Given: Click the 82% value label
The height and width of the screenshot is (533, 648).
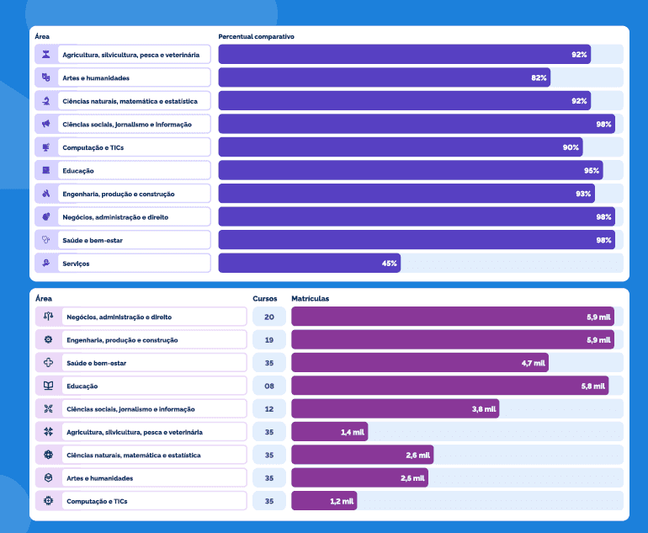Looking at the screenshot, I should (539, 77).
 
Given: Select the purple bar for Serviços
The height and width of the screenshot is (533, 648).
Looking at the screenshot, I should (309, 264).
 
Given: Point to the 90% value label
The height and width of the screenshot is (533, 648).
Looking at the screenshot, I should (571, 147).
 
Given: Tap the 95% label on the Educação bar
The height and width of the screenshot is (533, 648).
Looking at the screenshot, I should (592, 171).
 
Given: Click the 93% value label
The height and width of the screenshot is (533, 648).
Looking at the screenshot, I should (583, 194).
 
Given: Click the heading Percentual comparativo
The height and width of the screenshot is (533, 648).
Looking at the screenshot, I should (256, 37).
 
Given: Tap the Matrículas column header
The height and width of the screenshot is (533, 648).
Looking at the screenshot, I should (310, 299).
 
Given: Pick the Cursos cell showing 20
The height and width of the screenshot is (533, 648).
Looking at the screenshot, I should (269, 317).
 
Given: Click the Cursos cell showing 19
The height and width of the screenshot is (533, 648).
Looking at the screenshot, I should (269, 340).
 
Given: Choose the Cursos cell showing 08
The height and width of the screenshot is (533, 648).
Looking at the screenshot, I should (269, 386).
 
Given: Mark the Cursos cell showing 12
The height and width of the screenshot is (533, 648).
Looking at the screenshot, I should (269, 409).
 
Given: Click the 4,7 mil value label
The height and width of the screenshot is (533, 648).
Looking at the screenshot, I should (534, 364).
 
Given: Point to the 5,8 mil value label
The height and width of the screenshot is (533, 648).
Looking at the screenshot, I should (593, 386).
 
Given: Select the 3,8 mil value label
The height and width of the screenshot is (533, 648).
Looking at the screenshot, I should (485, 409).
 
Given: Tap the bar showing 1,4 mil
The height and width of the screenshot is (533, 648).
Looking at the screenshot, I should (329, 432).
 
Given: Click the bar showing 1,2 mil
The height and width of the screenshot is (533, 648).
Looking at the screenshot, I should (324, 501).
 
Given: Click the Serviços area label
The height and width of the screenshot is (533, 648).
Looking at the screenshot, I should (76, 264).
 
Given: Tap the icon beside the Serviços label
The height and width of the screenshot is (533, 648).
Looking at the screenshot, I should (47, 264).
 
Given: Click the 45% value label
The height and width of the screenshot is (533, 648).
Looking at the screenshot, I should (390, 264).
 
